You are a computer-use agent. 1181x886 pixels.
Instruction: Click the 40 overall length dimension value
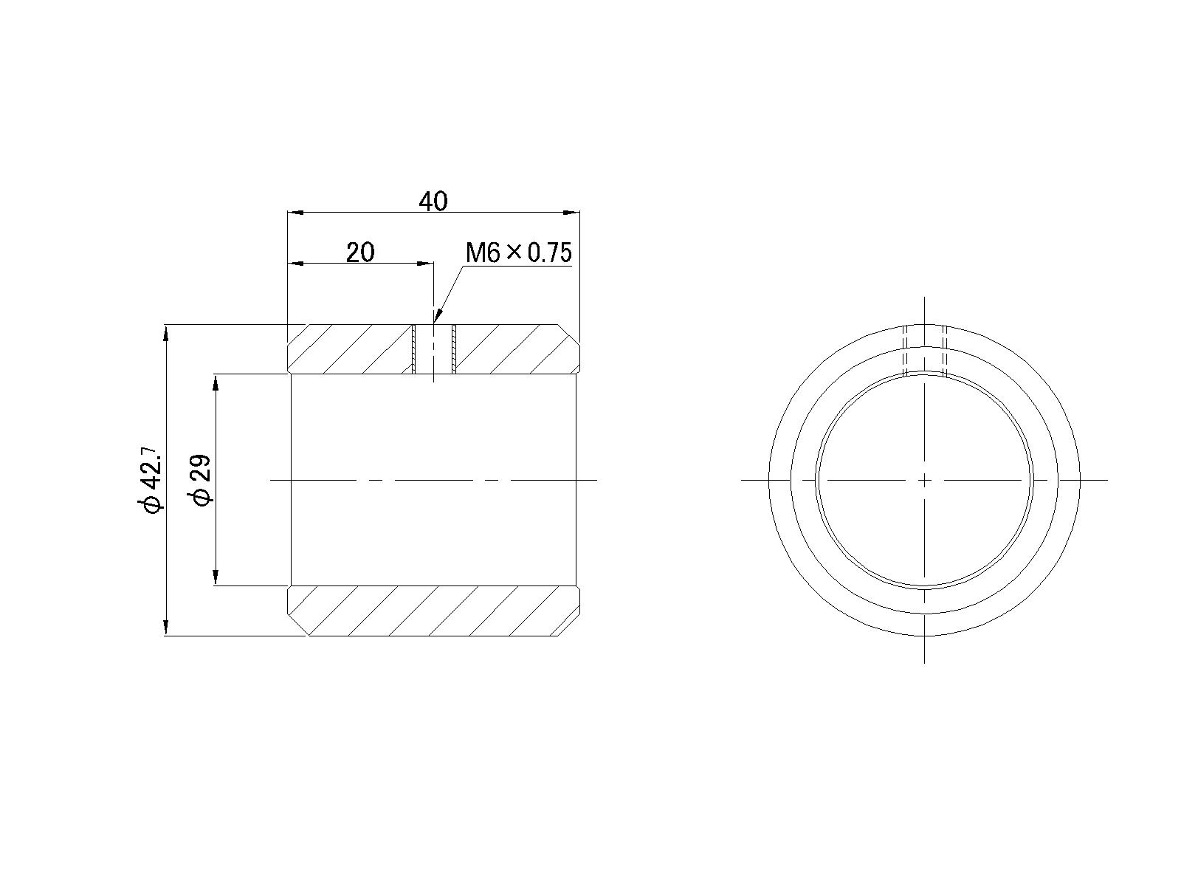click(433, 201)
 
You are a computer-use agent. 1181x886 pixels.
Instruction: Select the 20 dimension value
click(360, 253)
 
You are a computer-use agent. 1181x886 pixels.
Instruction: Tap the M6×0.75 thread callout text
click(518, 253)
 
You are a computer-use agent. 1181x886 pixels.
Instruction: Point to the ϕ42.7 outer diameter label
click(150, 479)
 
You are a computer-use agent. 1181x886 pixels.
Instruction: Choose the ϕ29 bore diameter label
click(202, 481)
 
